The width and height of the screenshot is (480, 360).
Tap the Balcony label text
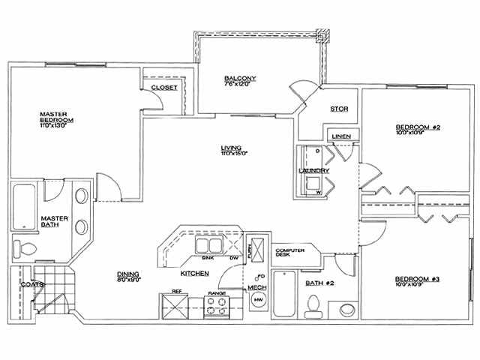click(x=240, y=79)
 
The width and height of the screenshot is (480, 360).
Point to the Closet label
click(x=164, y=88)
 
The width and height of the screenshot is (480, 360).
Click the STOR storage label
click(x=339, y=109)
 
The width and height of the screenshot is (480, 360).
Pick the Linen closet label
click(x=338, y=136)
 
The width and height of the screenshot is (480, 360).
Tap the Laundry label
click(x=314, y=171)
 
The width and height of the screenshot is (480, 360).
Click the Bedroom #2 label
click(x=417, y=127)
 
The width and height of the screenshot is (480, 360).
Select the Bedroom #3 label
click(x=417, y=280)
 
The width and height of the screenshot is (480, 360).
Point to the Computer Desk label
click(x=289, y=253)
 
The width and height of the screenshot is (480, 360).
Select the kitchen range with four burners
click(x=218, y=306)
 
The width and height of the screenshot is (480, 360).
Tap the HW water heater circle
click(x=258, y=301)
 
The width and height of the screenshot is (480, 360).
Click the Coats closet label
click(x=31, y=284)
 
